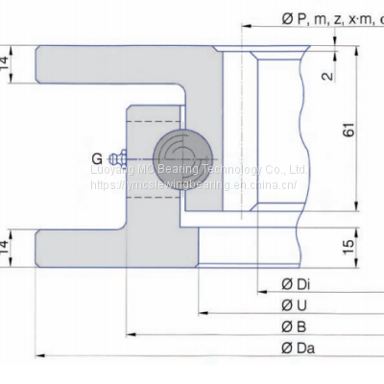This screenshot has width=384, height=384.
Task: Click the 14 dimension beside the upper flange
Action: (8, 64)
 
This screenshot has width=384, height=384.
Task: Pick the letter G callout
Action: (96, 158)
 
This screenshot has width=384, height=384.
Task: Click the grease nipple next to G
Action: (118, 157)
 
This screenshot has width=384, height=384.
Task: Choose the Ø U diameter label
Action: (293, 306)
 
